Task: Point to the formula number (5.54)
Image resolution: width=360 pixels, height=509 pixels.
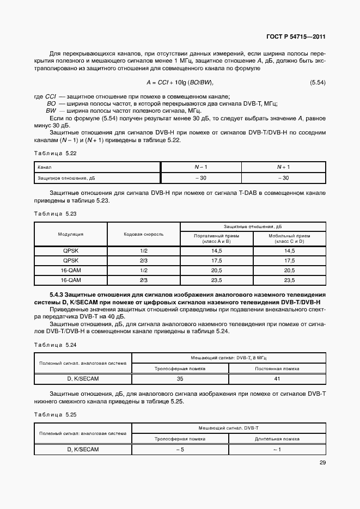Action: [318, 82]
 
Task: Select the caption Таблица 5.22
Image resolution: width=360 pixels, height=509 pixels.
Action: [55, 154]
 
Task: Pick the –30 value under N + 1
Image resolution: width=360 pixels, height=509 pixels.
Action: [283, 178]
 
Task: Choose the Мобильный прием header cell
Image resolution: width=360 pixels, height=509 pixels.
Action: [289, 238]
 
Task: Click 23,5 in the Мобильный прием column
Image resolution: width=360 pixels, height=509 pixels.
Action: [289, 280]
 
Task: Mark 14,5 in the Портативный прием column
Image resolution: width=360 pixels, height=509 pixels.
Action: [216, 250]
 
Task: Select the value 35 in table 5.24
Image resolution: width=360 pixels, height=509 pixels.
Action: [180, 378]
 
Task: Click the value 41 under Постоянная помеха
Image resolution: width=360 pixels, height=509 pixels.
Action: [277, 378]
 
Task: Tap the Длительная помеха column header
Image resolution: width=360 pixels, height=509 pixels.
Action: [277, 438]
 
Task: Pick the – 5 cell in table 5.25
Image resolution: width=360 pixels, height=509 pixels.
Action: [180, 449]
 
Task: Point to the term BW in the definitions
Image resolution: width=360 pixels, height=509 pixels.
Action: [51, 110]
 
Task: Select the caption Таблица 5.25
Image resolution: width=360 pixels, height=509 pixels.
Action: [55, 414]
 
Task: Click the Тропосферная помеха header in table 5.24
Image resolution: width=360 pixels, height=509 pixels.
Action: [180, 368]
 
